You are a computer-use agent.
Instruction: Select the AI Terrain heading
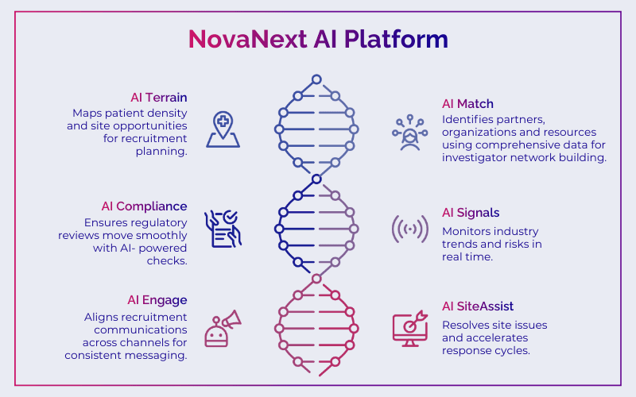pyautogui.click(x=159, y=98)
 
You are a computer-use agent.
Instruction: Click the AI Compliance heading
pyautogui.click(x=145, y=206)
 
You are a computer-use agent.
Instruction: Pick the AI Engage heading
pyautogui.click(x=157, y=299)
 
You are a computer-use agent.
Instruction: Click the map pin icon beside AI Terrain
pyautogui.click(x=223, y=129)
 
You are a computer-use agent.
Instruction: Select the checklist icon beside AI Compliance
pyautogui.click(x=223, y=229)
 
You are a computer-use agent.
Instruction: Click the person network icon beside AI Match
pyautogui.click(x=410, y=133)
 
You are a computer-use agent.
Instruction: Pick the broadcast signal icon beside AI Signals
pyautogui.click(x=410, y=229)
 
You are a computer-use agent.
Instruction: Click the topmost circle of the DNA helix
pyautogui.click(x=316, y=79)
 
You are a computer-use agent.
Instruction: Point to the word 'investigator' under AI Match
pyautogui.click(x=480, y=158)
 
